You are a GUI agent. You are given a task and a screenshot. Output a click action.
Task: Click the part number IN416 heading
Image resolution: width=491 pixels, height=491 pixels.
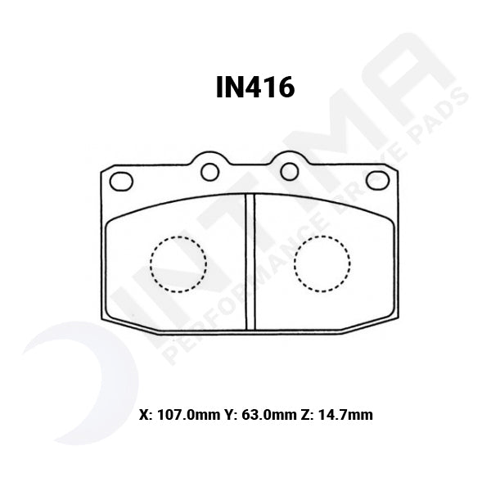(255, 88)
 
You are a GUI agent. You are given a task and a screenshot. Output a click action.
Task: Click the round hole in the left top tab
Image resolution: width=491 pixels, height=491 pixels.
(210, 171)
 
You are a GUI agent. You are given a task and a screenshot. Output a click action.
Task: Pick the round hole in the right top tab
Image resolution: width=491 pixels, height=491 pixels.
(288, 171)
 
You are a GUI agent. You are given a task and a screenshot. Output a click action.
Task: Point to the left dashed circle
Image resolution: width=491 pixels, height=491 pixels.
(178, 264)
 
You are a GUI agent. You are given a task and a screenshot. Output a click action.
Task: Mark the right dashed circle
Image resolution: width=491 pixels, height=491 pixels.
(322, 264)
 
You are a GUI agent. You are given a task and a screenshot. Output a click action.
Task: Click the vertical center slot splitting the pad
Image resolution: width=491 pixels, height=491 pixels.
(251, 262)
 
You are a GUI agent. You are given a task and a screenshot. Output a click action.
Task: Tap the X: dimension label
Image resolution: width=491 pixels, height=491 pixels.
(146, 415)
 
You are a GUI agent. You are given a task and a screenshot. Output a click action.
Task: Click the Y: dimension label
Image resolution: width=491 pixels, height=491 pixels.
(230, 415)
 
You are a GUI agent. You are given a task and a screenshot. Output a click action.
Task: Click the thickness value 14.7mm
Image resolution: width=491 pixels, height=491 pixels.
(345, 415)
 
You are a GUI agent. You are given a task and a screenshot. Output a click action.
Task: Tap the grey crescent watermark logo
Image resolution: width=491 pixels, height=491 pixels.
(78, 385)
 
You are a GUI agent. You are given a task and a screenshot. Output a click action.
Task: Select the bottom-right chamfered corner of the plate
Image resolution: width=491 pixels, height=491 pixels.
(372, 325)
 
